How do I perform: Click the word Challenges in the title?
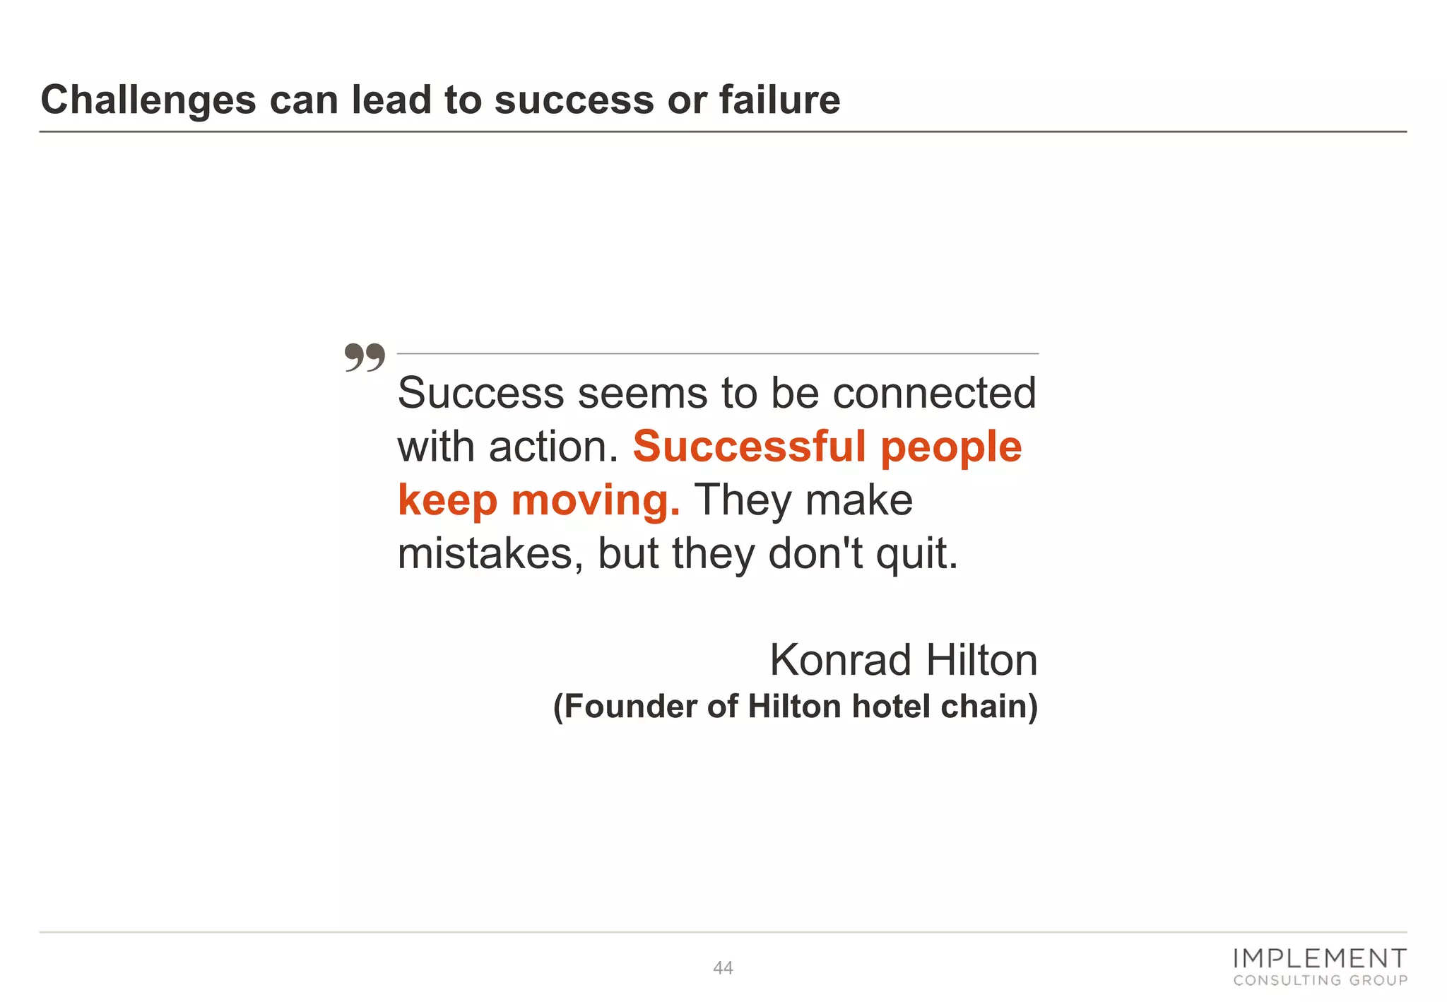(148, 100)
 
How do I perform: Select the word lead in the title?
(391, 99)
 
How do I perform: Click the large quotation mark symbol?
(365, 358)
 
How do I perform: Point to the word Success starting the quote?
(480, 393)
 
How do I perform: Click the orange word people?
(951, 448)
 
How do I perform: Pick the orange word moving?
(595, 500)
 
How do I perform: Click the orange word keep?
(448, 502)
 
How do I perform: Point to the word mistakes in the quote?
(490, 553)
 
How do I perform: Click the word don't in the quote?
(815, 553)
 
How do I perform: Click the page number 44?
(723, 968)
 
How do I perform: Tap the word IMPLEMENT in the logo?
(1319, 958)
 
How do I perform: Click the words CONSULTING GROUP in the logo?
(1320, 980)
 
